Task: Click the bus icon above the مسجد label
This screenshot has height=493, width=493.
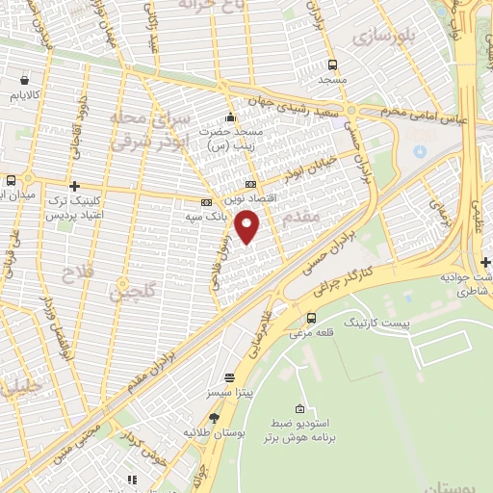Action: pyautogui.click(x=332, y=65)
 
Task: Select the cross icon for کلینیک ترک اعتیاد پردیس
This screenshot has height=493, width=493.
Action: pyautogui.click(x=74, y=186)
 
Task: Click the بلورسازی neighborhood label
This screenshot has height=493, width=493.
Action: pyautogui.click(x=381, y=37)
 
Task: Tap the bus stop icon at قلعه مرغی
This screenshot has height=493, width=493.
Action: pyautogui.click(x=311, y=318)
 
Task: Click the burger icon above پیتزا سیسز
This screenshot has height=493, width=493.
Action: pyautogui.click(x=228, y=378)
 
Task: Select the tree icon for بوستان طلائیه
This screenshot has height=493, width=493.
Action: pyautogui.click(x=213, y=418)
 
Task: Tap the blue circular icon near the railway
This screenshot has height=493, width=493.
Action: pyautogui.click(x=419, y=151)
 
